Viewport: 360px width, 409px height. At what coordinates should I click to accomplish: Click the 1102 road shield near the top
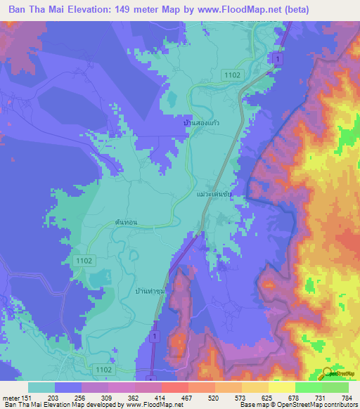(233, 74)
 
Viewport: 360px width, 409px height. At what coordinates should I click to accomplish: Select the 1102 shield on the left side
(81, 260)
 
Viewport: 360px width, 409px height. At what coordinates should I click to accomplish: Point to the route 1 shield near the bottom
(153, 338)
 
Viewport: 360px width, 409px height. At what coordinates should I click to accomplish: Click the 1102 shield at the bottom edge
(103, 368)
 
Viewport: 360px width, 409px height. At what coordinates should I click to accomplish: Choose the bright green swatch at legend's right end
(335, 387)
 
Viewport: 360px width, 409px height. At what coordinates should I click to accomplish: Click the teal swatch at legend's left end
(41, 387)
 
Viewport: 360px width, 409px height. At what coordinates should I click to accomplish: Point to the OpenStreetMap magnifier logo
(327, 373)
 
